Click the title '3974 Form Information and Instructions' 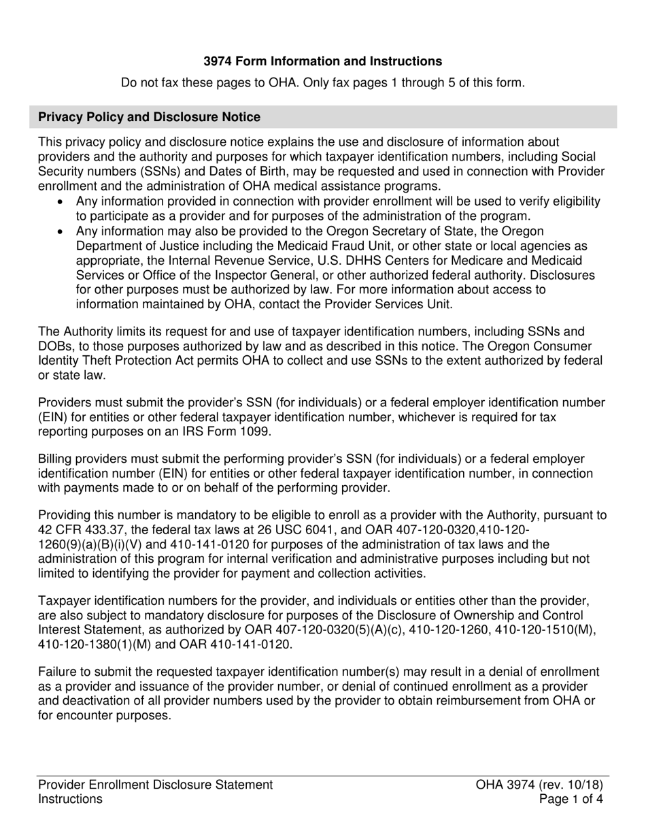click(323, 61)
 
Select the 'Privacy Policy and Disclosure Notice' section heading click(149, 117)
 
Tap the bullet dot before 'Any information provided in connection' click(63, 202)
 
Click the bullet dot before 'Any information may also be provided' click(63, 232)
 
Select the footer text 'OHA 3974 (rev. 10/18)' click(540, 785)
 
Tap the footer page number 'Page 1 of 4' click(570, 800)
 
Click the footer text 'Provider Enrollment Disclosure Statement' click(156, 785)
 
